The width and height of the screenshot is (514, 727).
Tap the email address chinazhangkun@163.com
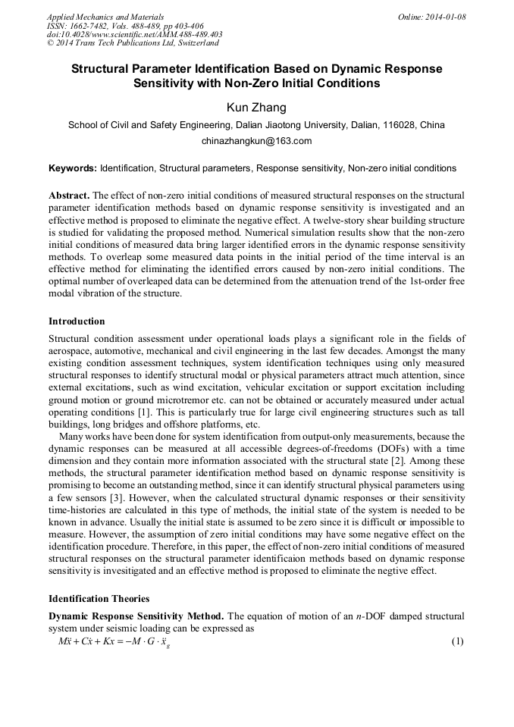[x=256, y=141]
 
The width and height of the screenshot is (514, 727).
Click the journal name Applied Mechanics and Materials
[x=105, y=17]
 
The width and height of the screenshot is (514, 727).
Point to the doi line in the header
[x=134, y=34]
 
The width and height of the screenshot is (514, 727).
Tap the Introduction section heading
[x=77, y=321]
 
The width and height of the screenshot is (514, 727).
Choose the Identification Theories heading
[x=99, y=599]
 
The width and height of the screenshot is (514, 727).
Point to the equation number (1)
[x=457, y=641]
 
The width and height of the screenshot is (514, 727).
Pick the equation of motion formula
[x=114, y=642]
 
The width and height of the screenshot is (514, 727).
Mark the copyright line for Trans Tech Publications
[x=133, y=43]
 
